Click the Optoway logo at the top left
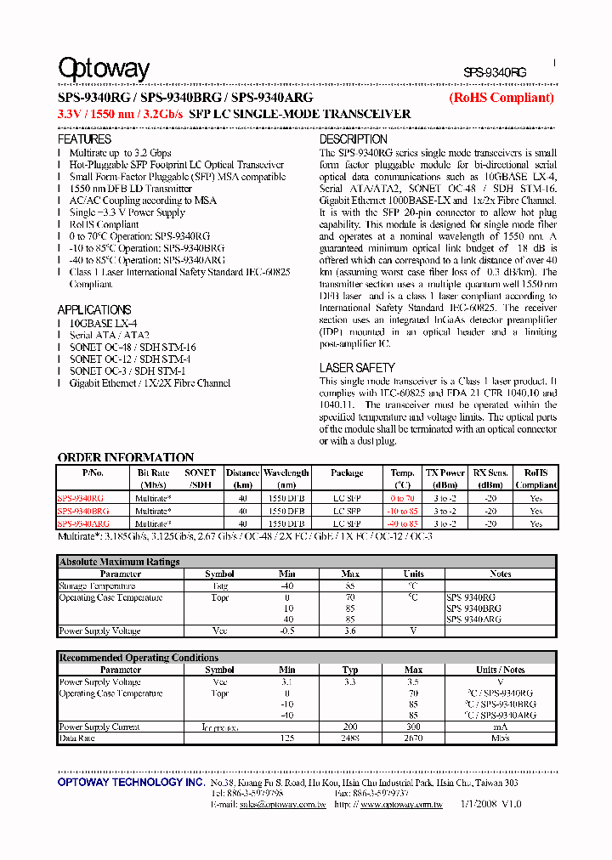point(103,69)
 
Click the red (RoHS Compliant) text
point(501,98)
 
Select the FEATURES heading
point(84,139)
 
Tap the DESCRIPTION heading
point(353,139)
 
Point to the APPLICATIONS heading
point(93,310)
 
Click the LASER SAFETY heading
point(357,368)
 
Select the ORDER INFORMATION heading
point(125,457)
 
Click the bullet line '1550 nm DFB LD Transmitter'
point(130,189)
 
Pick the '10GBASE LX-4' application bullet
point(103,324)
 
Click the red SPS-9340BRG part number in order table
point(83,512)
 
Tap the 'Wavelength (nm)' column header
point(286,478)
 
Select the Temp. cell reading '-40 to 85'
point(402,523)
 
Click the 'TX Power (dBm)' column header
point(445,478)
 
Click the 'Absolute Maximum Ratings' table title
point(119,562)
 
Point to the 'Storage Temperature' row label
point(97,586)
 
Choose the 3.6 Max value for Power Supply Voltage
point(350,631)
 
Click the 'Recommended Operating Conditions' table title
point(139,658)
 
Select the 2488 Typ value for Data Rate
point(350,739)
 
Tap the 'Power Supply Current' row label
point(99,727)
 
